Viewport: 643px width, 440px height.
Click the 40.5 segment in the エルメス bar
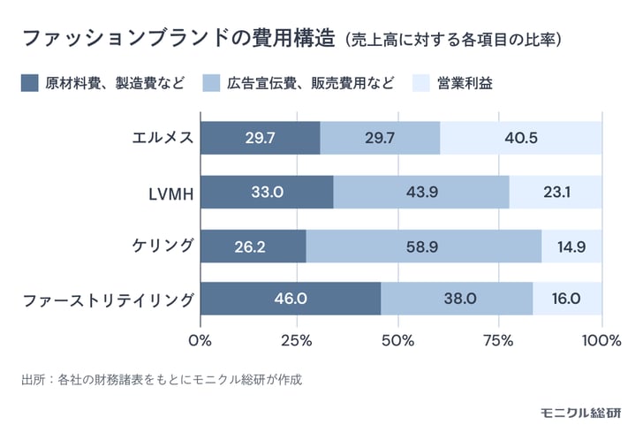coord(520,138)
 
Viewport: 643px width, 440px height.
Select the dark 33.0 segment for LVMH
coord(267,192)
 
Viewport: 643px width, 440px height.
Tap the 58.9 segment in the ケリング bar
coord(424,246)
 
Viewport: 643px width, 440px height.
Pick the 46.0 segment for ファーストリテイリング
coord(291,299)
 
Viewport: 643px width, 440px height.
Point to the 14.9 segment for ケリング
coord(571,246)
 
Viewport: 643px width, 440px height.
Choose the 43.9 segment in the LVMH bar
coord(421,192)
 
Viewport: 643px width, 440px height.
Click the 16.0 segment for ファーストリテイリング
coord(567,299)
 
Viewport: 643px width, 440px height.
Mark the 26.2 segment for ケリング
coord(253,246)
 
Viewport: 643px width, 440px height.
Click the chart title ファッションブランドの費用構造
coord(177,39)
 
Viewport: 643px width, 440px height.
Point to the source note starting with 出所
coord(162,380)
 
